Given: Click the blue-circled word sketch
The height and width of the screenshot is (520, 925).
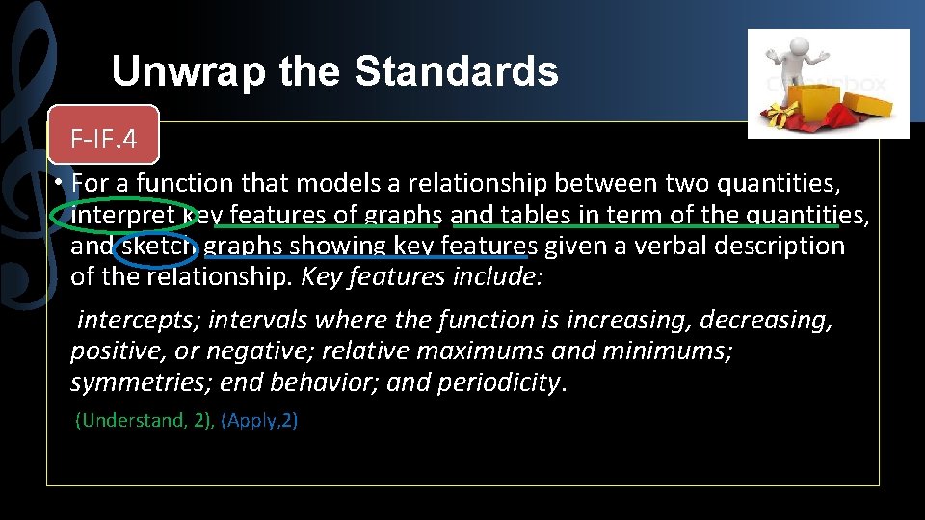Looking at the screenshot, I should [x=156, y=247].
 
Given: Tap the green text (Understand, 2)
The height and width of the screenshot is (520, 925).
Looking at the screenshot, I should [x=145, y=421].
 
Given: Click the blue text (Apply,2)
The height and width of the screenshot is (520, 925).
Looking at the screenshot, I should [x=259, y=421].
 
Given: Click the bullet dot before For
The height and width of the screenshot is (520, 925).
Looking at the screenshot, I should [x=59, y=183].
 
